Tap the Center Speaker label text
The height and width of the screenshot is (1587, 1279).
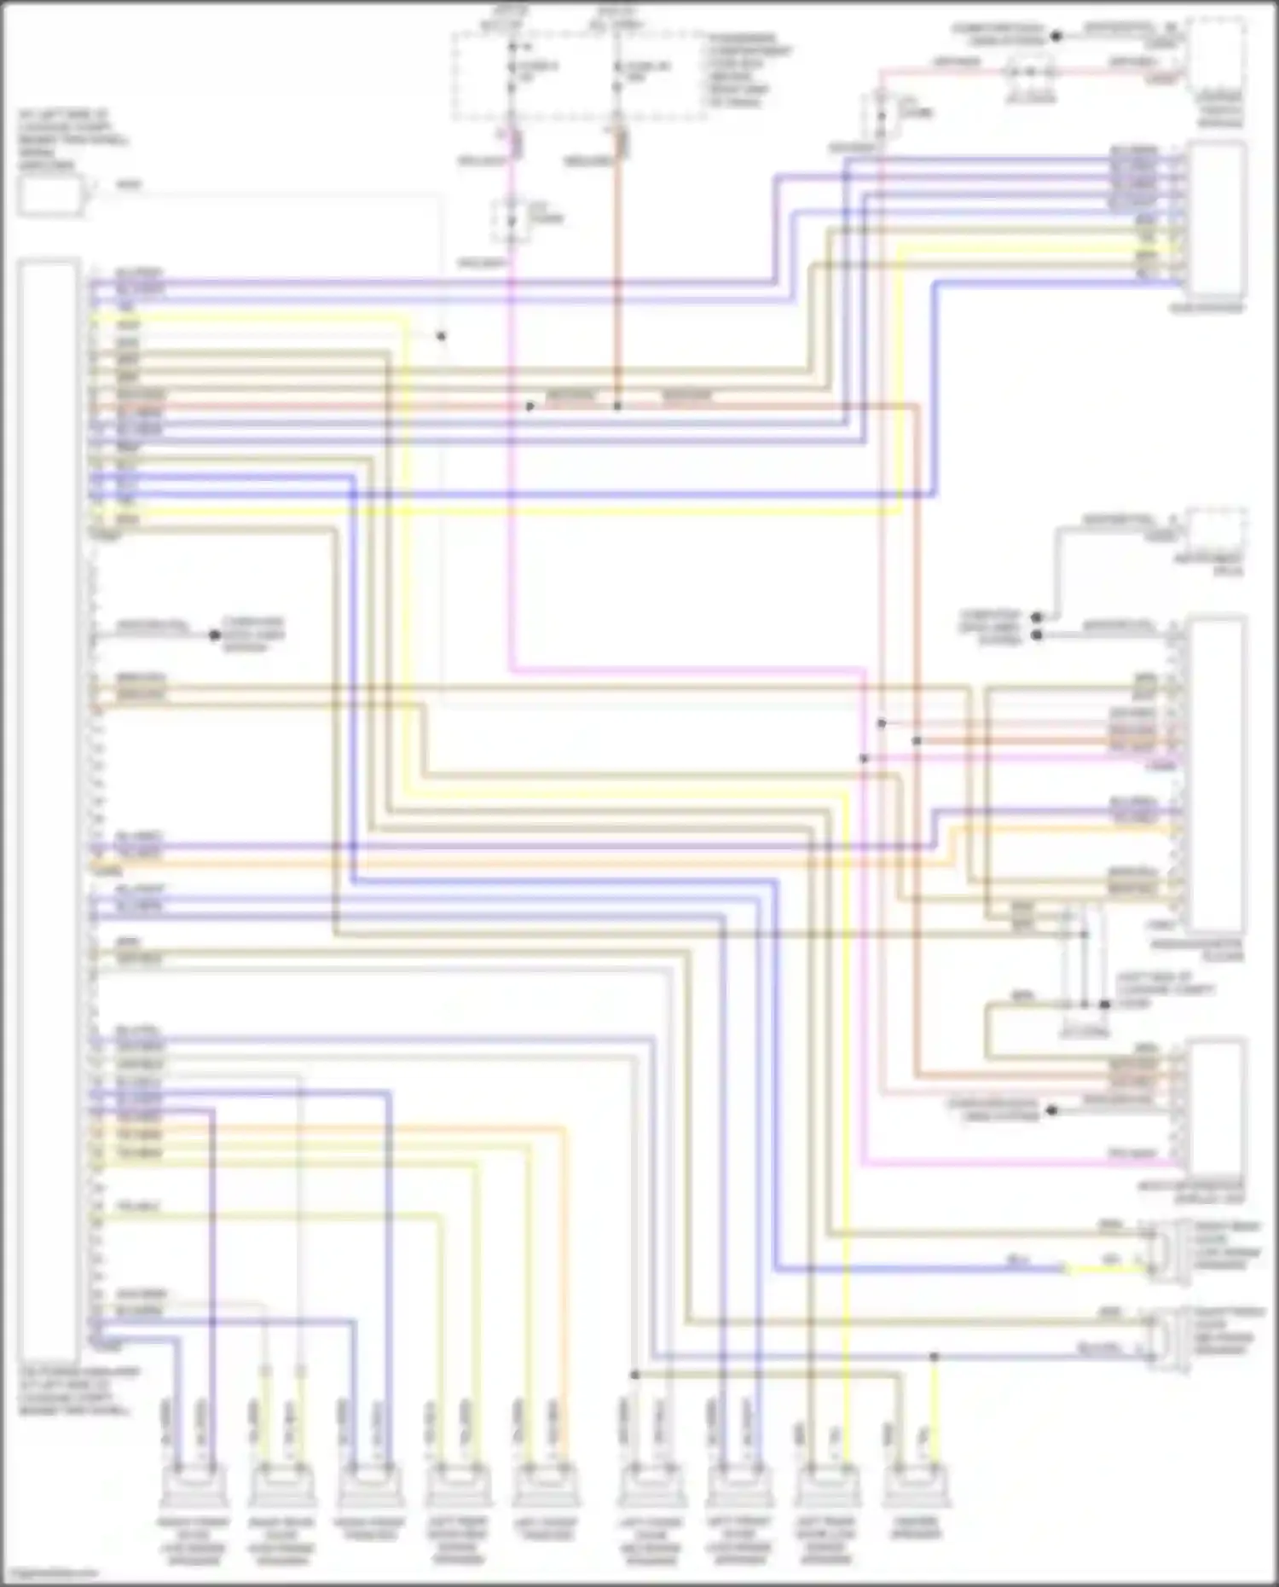[917, 1527]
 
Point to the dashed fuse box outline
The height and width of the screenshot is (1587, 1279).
[580, 77]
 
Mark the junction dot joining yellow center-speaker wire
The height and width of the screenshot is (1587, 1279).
[934, 1356]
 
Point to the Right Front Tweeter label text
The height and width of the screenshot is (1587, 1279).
[369, 1527]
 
